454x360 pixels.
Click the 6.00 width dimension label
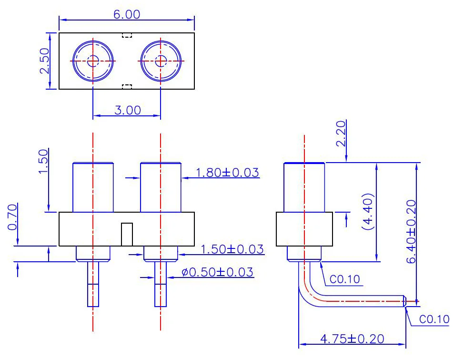[x=127, y=14]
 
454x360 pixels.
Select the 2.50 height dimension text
[x=44, y=61]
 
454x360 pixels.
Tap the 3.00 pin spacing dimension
[x=128, y=110]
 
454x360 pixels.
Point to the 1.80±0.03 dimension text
[x=227, y=173]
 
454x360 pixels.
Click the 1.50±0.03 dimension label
[x=232, y=249]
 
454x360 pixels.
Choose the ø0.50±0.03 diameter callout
[x=217, y=272]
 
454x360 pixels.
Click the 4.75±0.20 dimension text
[x=352, y=339]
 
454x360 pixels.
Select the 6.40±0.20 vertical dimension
[x=411, y=231]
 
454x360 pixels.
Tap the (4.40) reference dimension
[x=368, y=212]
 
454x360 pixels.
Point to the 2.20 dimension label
[x=341, y=134]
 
